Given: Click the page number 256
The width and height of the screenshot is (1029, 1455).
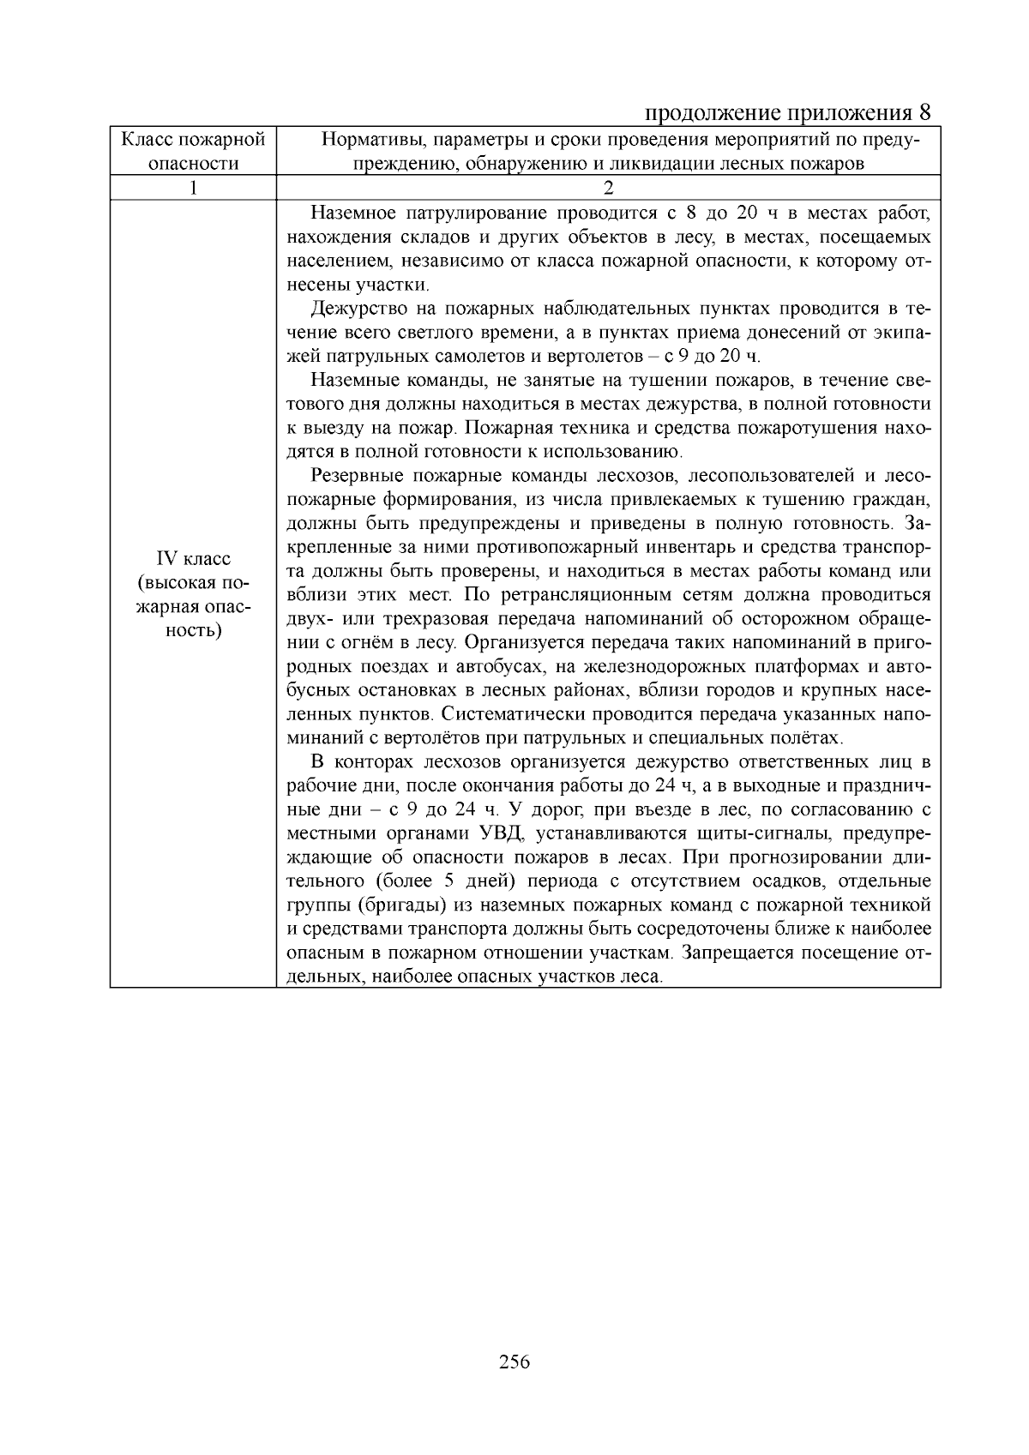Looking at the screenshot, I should [514, 1362].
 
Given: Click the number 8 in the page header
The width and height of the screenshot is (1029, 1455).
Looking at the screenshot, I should [924, 113].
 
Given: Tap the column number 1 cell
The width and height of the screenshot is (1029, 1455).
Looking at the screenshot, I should [194, 188].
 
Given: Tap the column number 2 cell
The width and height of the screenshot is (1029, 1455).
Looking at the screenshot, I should [608, 188].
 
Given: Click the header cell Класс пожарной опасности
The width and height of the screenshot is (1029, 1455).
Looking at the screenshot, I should [194, 151].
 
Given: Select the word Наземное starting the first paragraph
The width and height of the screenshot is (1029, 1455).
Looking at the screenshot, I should [351, 213].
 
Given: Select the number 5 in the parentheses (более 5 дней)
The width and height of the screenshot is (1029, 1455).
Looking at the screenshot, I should [449, 881].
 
